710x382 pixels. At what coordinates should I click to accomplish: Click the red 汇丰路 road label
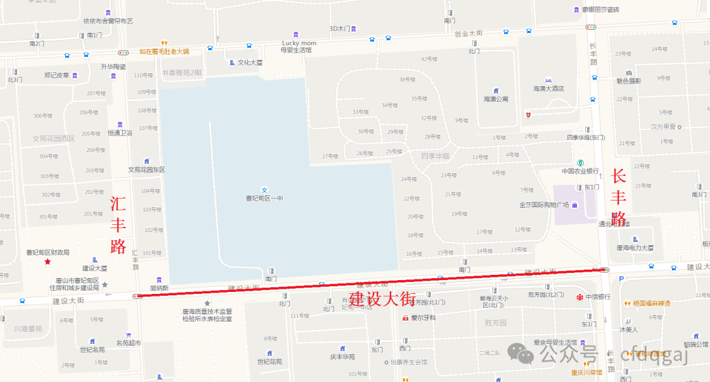tap(118, 225)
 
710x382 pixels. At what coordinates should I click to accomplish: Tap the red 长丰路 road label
tap(619, 197)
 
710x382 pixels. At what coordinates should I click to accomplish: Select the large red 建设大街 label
tap(382, 299)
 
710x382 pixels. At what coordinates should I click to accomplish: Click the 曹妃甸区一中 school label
tap(264, 197)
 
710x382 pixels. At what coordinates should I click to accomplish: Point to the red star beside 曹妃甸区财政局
tap(47, 262)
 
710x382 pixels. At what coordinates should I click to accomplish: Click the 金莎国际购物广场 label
tap(544, 204)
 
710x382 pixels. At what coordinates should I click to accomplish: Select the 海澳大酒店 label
tap(548, 88)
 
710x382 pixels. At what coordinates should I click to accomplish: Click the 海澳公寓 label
tap(496, 99)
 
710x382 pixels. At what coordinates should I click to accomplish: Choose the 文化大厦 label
tap(250, 63)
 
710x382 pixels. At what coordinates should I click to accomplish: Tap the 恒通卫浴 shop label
tap(120, 133)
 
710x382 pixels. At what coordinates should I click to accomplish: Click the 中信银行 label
tap(598, 297)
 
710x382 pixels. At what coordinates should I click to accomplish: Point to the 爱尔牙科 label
tap(423, 318)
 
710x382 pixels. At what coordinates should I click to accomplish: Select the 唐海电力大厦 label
tap(634, 248)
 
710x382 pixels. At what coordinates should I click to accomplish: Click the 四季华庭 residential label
tap(435, 156)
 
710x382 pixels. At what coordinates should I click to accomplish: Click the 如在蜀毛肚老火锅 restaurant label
tap(164, 51)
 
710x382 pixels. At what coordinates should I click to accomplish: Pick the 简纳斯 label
tap(159, 287)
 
